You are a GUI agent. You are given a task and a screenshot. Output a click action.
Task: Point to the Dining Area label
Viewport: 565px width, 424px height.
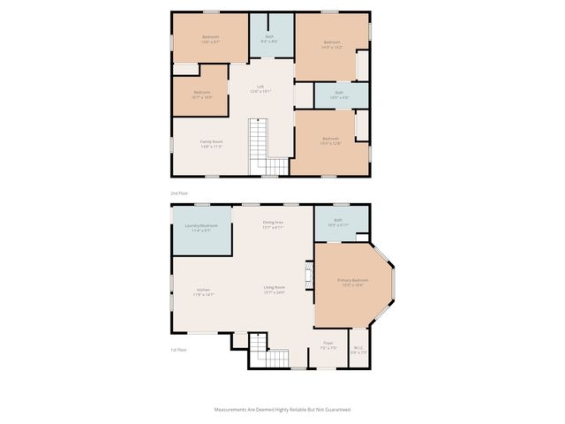273,223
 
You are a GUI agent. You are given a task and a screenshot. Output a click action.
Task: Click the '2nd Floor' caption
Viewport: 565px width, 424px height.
179,192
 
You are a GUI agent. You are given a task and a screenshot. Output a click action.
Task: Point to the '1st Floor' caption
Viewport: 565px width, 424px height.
179,350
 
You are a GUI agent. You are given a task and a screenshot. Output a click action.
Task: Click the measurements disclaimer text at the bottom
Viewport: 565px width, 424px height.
282,410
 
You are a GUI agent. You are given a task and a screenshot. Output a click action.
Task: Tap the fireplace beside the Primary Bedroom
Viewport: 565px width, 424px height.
308,274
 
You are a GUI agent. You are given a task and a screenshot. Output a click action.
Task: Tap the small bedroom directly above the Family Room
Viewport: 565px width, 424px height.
202,94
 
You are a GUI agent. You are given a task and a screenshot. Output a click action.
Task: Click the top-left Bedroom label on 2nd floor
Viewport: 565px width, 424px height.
210,38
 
